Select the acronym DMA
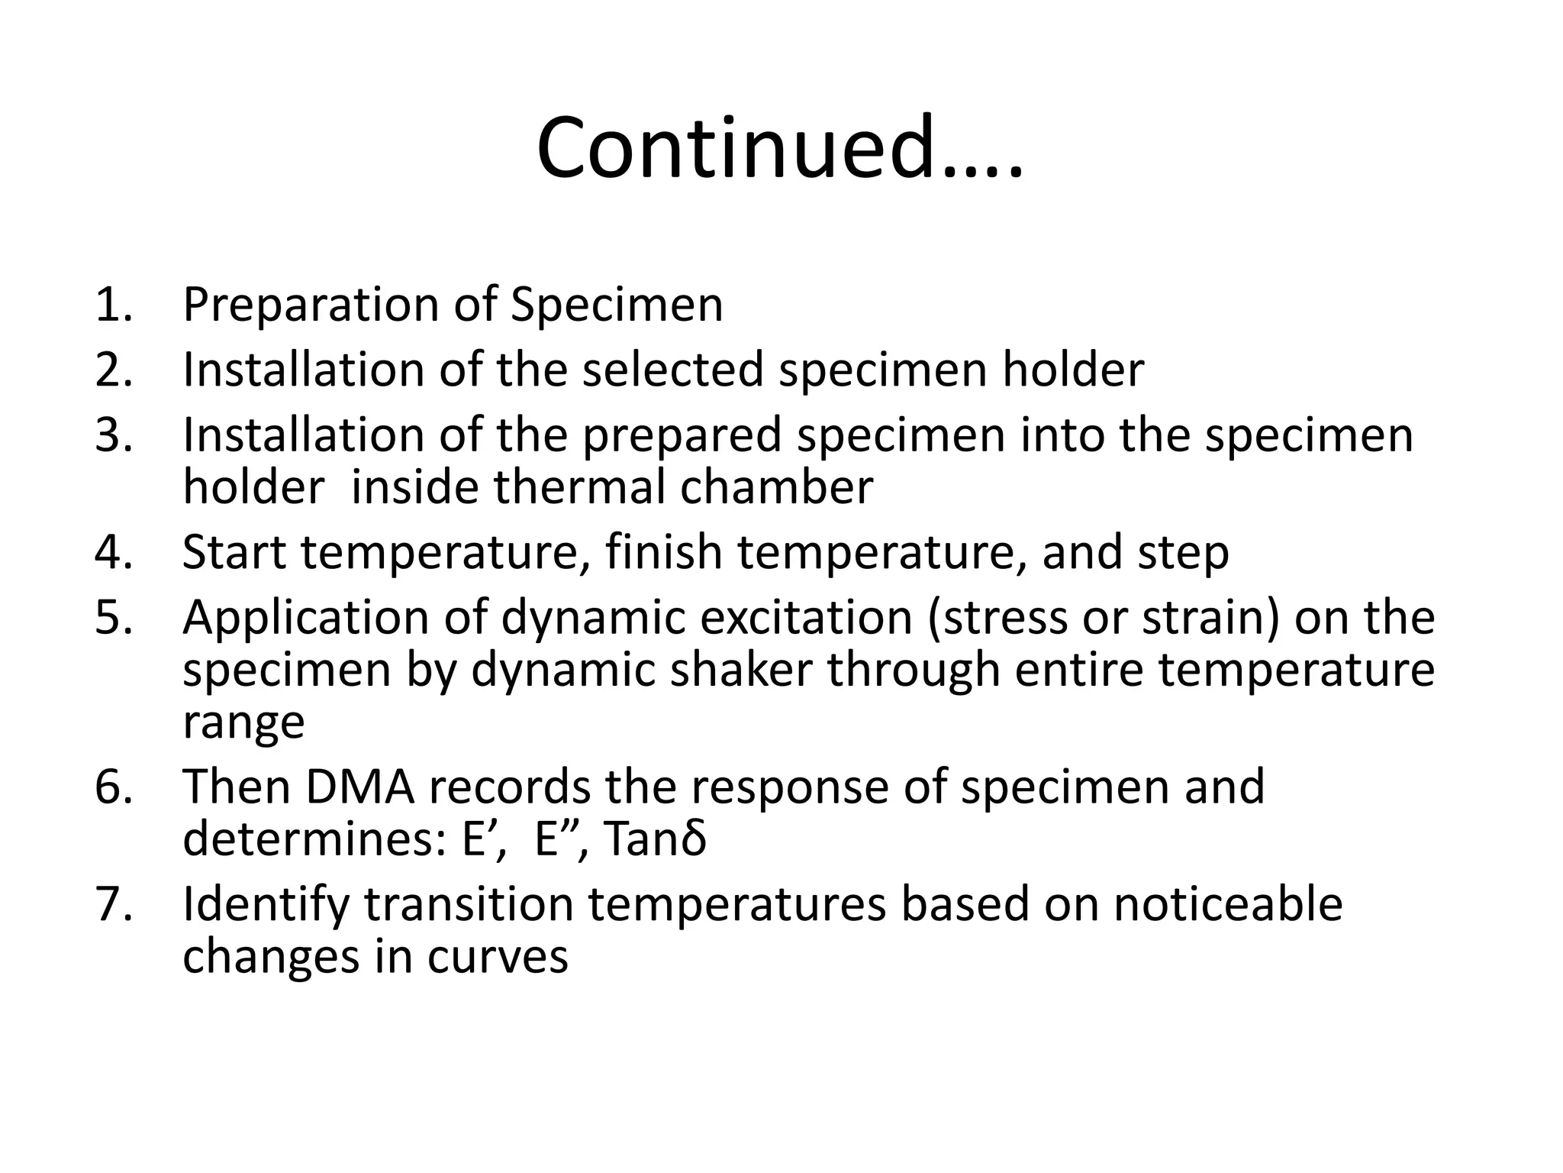coord(360,787)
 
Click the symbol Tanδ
coord(655,839)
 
